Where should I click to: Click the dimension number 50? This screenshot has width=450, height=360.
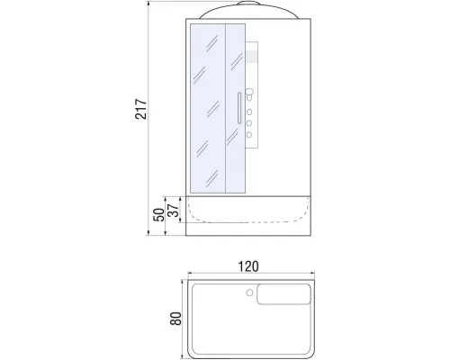(157, 215)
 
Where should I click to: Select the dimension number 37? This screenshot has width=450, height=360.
(174, 210)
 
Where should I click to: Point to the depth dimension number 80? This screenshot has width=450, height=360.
(176, 317)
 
